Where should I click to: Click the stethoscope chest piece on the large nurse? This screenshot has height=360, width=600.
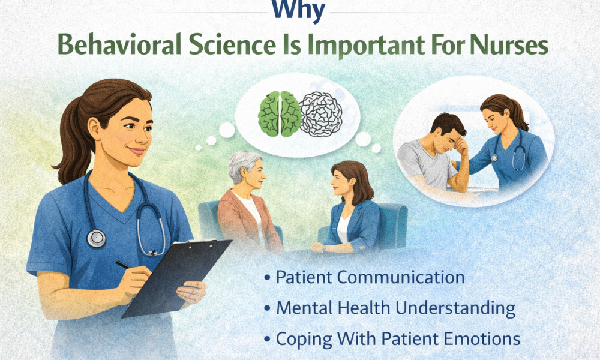point(96,238)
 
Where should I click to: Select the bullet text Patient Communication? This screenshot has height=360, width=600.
point(370,277)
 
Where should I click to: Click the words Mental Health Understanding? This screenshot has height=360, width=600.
point(395,308)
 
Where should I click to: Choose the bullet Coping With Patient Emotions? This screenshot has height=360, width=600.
point(398,338)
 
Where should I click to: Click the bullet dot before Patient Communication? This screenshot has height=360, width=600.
point(266,278)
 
